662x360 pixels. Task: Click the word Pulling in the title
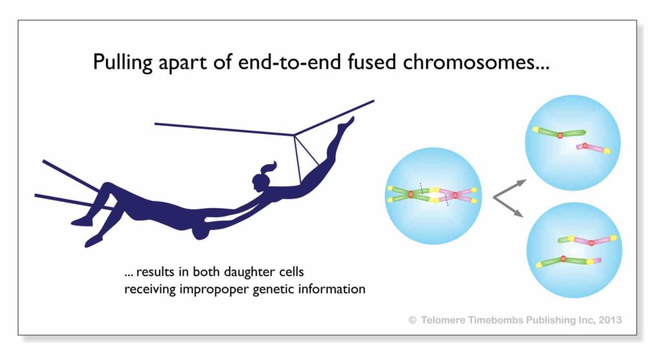pyautogui.click(x=122, y=63)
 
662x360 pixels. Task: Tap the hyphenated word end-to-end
pyautogui.click(x=290, y=61)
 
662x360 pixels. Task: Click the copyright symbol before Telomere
pyautogui.click(x=412, y=321)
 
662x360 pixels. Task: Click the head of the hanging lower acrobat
pyautogui.click(x=201, y=231)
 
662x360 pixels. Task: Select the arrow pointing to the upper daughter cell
pyautogui.click(x=510, y=189)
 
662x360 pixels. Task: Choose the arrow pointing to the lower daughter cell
pyautogui.click(x=509, y=207)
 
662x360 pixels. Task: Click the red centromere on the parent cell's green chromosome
pyautogui.click(x=411, y=194)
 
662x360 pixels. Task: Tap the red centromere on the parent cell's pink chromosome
pyautogui.click(x=455, y=195)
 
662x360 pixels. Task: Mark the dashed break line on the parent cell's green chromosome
pyautogui.click(x=422, y=189)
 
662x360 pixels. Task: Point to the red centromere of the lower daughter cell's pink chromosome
pyautogui.click(x=592, y=242)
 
